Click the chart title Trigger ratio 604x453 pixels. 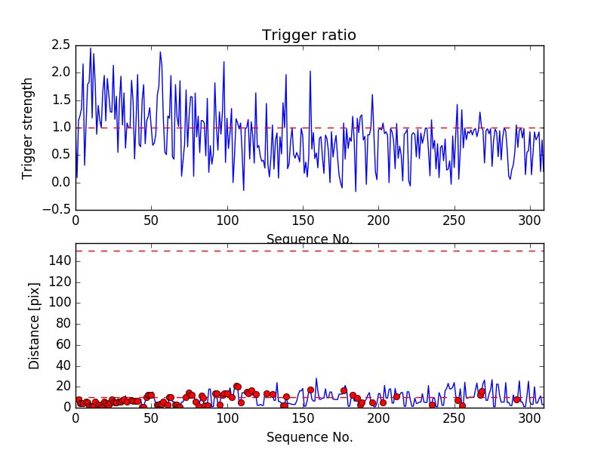click(x=309, y=35)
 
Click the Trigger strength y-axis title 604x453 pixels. click(x=28, y=128)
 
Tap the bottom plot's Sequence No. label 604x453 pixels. click(x=309, y=437)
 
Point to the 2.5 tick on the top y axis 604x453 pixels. click(x=61, y=45)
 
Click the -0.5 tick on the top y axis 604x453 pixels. click(x=57, y=210)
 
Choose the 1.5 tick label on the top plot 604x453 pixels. click(x=61, y=100)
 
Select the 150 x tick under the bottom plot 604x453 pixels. click(x=302, y=419)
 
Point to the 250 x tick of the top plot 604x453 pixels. click(x=454, y=222)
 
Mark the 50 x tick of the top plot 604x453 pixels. click(x=151, y=222)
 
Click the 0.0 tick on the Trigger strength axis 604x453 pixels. click(x=61, y=183)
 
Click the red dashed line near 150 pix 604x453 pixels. click(x=309, y=251)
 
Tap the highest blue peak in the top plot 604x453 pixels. click(x=91, y=48)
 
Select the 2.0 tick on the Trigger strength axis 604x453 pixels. click(x=61, y=72)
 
